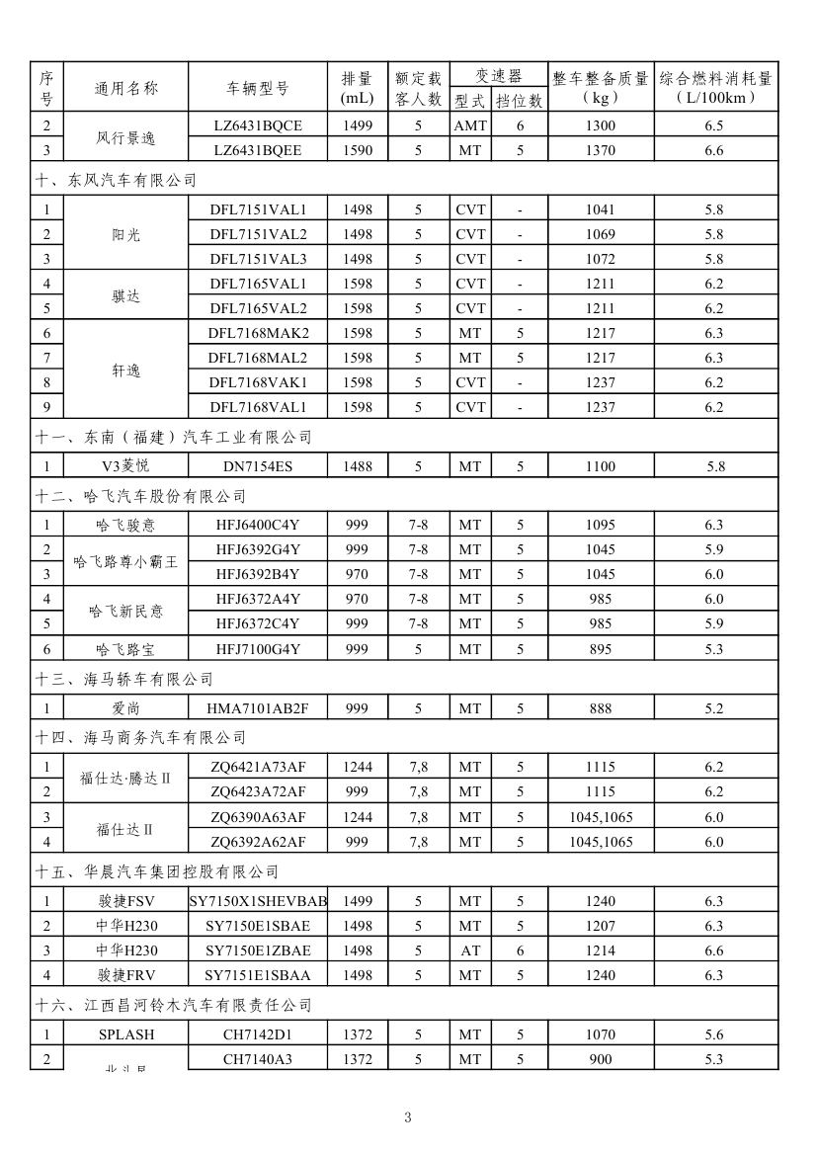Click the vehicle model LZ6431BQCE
tap(258, 125)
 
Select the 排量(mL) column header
tap(357, 88)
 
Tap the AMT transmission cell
tap(470, 125)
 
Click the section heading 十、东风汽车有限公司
tap(117, 180)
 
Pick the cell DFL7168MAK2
tap(258, 333)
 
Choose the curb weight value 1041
tap(599, 209)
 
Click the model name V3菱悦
tap(125, 466)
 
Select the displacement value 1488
tap(357, 466)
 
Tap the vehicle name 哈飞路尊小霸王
tap(125, 562)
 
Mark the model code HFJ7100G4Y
tap(258, 649)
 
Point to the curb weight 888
tap(599, 708)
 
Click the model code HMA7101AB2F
tap(258, 708)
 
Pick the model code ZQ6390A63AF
tap(258, 817)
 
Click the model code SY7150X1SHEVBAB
tap(258, 901)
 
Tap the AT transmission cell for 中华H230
tap(470, 950)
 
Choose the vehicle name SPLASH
tap(125, 1034)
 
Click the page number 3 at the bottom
tap(408, 1117)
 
